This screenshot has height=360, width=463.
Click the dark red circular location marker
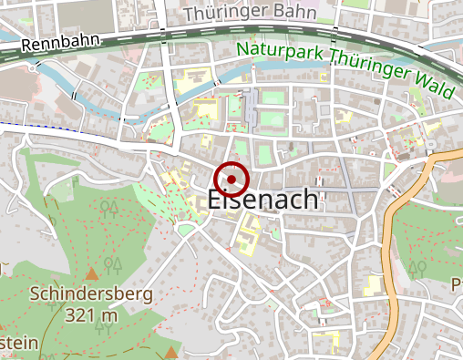click(x=231, y=180)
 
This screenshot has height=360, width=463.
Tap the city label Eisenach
click(x=263, y=201)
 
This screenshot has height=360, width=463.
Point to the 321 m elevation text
click(x=91, y=314)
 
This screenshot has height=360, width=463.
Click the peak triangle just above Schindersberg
click(x=91, y=273)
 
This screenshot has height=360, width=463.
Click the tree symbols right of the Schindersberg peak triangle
click(x=114, y=266)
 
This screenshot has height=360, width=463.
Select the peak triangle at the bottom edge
click(x=171, y=353)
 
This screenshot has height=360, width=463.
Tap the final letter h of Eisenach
click(x=309, y=201)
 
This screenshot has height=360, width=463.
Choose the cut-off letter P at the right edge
click(x=457, y=284)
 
